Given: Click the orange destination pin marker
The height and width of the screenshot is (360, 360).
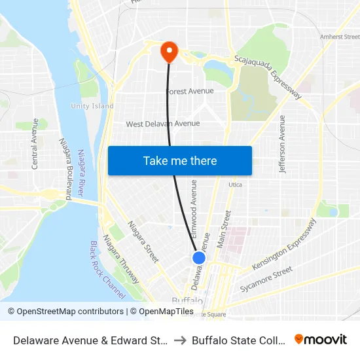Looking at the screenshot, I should tap(169, 52).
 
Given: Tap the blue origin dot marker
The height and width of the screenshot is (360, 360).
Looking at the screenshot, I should tap(199, 258).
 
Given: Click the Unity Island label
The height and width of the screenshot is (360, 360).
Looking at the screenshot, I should tap(92, 106).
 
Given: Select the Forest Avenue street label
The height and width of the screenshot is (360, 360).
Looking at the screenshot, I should tap(190, 92).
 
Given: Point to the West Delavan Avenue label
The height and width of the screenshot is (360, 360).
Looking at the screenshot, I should tap(163, 124).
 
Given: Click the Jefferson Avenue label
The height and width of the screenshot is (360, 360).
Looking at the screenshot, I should tap(283, 144).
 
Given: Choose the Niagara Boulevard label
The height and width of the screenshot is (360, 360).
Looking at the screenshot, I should tap(65, 169).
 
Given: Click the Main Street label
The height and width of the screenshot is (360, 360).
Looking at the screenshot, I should tap(224, 228).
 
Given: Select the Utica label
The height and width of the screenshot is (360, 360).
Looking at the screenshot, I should tap(235, 185).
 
